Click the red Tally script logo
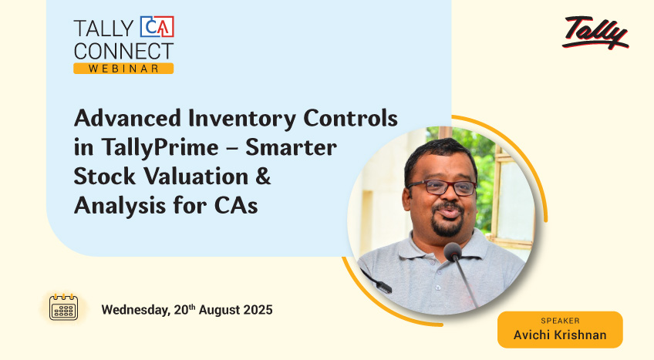point(595,32)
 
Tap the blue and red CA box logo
point(157,27)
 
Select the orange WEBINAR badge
point(123,69)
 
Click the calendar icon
point(63,307)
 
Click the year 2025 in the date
point(258,310)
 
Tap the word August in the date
point(219,311)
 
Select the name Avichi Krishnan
point(560,335)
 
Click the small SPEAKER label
point(560,321)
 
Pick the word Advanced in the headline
point(127,118)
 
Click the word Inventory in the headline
point(242,119)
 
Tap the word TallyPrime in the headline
point(160,148)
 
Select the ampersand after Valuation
point(263,177)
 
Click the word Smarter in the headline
point(291,147)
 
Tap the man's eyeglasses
point(442,187)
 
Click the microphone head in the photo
point(453,251)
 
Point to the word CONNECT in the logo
point(123,51)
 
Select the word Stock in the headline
point(105,177)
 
